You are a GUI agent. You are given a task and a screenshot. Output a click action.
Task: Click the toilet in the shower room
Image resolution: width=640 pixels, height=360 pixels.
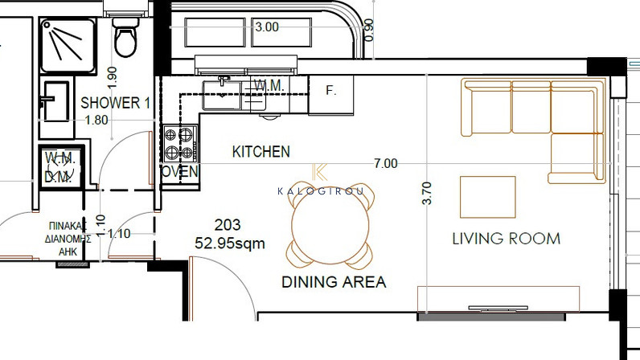pos(125,34)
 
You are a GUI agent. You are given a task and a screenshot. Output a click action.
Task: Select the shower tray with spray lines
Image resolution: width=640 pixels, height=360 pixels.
pos(68,46)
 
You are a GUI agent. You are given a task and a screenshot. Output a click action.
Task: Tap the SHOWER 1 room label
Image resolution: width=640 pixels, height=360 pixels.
pos(116,103)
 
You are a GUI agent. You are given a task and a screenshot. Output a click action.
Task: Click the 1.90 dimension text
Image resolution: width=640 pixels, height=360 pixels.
pos(112,77)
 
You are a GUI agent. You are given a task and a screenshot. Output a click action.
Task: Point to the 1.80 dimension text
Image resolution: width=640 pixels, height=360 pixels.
pos(96,120)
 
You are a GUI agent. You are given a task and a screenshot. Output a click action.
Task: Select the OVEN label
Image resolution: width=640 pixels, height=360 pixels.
pos(180,172)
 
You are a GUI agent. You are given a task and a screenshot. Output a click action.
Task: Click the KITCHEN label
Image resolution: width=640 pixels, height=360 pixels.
pos(261,152)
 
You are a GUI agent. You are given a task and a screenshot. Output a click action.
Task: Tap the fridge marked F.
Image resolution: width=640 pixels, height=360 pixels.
pos(331,94)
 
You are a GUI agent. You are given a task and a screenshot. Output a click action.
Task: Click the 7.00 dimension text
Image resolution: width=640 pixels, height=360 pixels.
pos(386,163)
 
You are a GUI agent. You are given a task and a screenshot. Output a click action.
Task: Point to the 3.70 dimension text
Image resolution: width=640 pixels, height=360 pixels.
pos(426,193)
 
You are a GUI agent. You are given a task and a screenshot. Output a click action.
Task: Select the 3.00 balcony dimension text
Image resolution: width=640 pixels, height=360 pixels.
pos(267,27)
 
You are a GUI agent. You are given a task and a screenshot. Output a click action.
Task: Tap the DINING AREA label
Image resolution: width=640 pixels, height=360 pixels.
pos(334,282)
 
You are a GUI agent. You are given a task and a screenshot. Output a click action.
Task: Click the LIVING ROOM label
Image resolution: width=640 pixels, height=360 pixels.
pos(506,239)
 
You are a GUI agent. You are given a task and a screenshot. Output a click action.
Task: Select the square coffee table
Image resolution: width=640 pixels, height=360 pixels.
pos(488,197)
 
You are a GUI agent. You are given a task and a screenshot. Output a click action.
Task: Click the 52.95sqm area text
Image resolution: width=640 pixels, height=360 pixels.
pos(230,243)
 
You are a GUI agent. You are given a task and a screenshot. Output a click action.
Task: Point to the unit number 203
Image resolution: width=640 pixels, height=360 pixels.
pos(228,225)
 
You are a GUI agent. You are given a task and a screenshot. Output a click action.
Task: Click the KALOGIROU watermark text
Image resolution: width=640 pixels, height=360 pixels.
pos(321,191)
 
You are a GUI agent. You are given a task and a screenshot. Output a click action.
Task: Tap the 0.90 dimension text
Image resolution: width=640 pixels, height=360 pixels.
pos(368,30)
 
